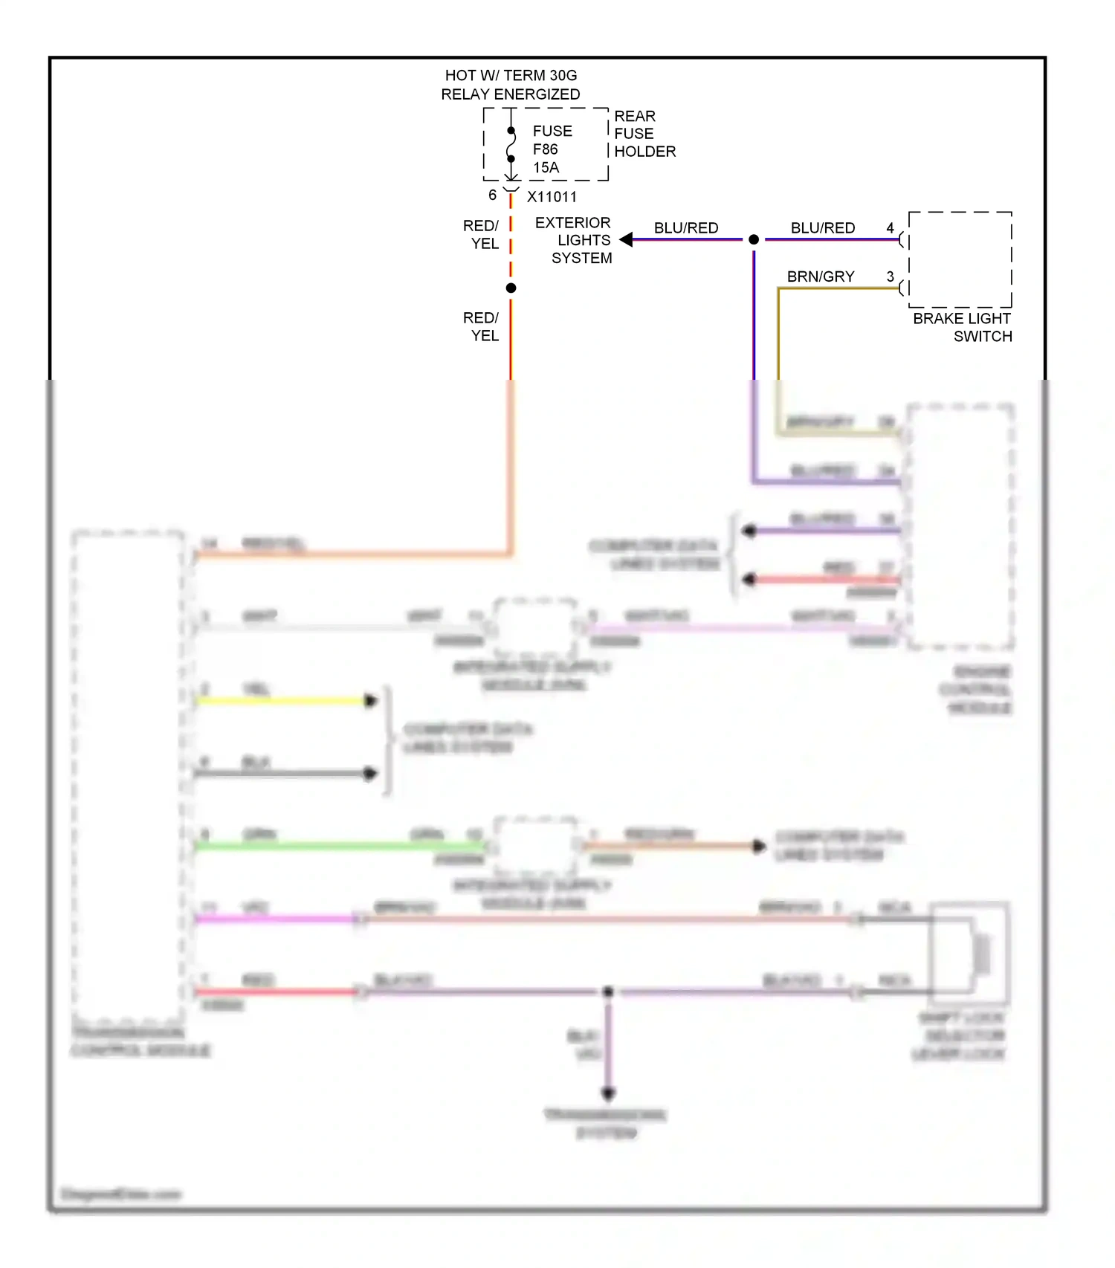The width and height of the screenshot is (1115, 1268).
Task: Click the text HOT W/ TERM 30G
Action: pyautogui.click(x=511, y=75)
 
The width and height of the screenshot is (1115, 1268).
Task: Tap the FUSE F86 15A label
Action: pyautogui.click(x=552, y=149)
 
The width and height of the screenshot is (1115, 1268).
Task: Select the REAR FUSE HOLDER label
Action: pyautogui.click(x=644, y=134)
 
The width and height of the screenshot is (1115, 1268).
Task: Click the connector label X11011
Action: pyautogui.click(x=552, y=197)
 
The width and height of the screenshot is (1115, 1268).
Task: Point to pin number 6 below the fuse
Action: pyautogui.click(x=492, y=195)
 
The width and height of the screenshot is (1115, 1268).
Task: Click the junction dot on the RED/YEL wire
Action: pyautogui.click(x=511, y=288)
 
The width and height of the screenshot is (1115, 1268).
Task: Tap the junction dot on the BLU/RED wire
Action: pyautogui.click(x=754, y=239)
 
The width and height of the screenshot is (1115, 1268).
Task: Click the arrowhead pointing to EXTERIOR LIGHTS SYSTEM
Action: pyautogui.click(x=626, y=239)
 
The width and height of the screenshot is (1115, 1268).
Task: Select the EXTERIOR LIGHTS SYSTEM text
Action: pyautogui.click(x=574, y=240)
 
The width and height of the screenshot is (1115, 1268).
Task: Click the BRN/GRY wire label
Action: pyautogui.click(x=821, y=276)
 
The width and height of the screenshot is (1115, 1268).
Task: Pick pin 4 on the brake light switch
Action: pyautogui.click(x=890, y=228)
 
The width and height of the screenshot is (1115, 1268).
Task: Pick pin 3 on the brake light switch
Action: pyautogui.click(x=890, y=276)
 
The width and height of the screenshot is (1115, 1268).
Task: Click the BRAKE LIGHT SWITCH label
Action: pyautogui.click(x=962, y=327)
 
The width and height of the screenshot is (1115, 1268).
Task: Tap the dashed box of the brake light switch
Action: pyautogui.click(x=960, y=259)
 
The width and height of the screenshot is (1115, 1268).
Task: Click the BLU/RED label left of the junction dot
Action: pyautogui.click(x=686, y=228)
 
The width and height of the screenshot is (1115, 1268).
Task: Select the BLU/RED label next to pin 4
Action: pyautogui.click(x=822, y=228)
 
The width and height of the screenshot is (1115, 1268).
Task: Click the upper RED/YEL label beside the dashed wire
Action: pyautogui.click(x=481, y=234)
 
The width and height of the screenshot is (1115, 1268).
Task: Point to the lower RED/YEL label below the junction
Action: pyautogui.click(x=481, y=326)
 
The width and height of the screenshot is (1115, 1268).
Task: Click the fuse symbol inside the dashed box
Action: pyautogui.click(x=511, y=145)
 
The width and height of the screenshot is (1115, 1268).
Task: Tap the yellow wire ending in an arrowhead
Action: pyautogui.click(x=282, y=700)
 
